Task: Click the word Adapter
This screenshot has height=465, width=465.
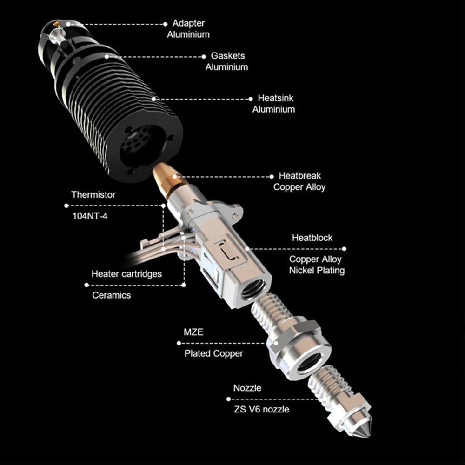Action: point(188,23)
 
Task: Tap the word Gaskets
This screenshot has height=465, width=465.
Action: point(228,56)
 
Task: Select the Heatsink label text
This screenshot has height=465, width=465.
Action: point(275,98)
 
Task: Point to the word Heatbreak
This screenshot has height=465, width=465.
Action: point(300,176)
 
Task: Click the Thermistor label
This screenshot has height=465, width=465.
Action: point(93,194)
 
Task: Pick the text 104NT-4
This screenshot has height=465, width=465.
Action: point(90,216)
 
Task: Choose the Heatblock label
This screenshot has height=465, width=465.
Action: point(312,238)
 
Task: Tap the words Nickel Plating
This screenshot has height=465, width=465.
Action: point(317,271)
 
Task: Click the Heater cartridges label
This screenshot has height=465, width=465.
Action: point(126,274)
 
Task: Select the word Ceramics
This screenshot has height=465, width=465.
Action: point(112,295)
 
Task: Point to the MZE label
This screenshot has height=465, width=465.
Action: point(193,332)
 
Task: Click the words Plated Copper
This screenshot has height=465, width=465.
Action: point(213,353)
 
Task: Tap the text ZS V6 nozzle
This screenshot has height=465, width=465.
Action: point(261,409)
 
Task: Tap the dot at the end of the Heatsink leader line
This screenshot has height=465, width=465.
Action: point(251,99)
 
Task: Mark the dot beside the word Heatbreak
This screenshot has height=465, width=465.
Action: point(272,176)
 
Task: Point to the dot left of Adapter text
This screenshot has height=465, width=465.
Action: point(166,24)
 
